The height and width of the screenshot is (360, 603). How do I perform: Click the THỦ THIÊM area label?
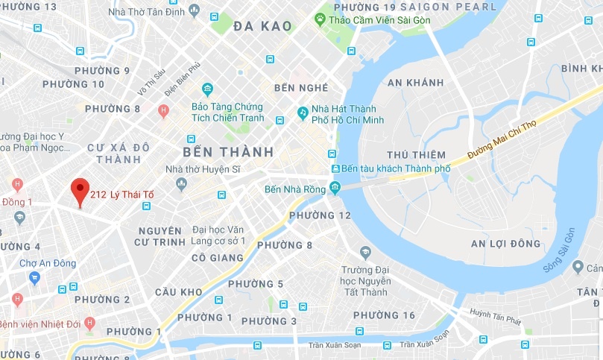coord(411,154)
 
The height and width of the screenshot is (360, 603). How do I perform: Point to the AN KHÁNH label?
coord(415,82)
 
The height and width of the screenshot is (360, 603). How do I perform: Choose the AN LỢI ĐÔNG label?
coord(505,244)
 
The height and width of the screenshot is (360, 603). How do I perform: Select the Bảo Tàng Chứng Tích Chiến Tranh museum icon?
coord(206,89)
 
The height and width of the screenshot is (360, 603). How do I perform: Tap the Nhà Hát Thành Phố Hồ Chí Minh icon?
coord(303,113)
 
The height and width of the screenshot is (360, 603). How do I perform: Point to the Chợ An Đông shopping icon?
coord(34,277)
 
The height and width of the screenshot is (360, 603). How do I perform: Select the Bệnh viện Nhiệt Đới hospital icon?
coord(89,323)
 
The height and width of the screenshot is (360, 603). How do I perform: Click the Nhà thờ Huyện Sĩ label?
coord(203,169)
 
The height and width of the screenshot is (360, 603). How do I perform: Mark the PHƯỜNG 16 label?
coord(389,315)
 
